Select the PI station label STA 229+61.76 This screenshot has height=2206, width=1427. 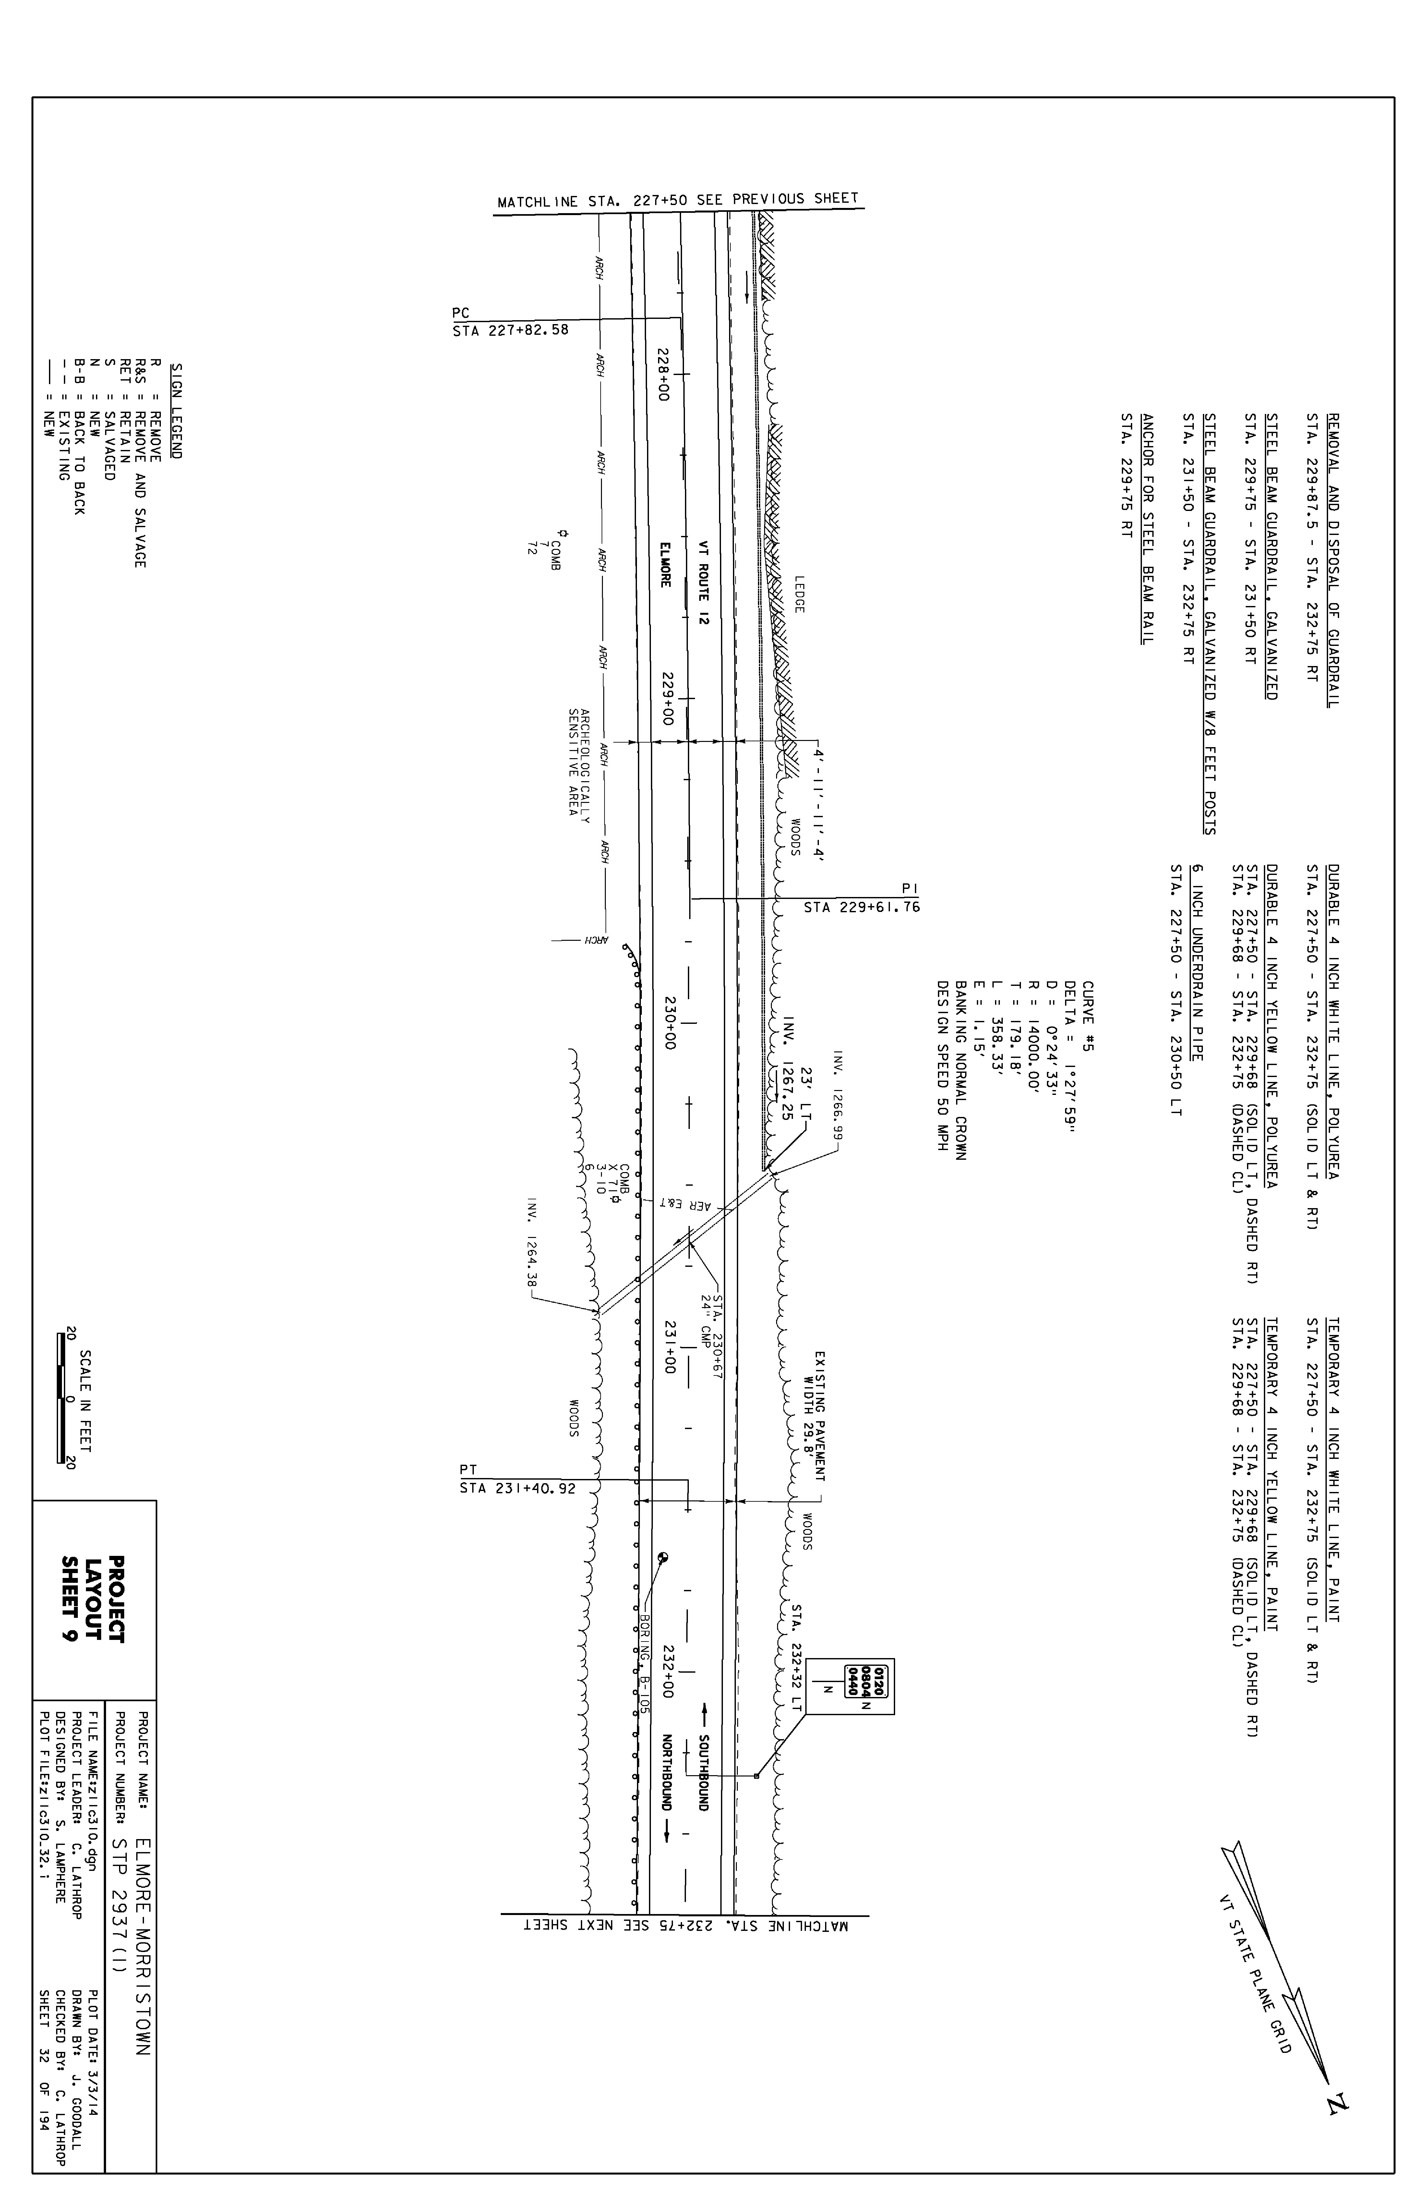(x=862, y=907)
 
